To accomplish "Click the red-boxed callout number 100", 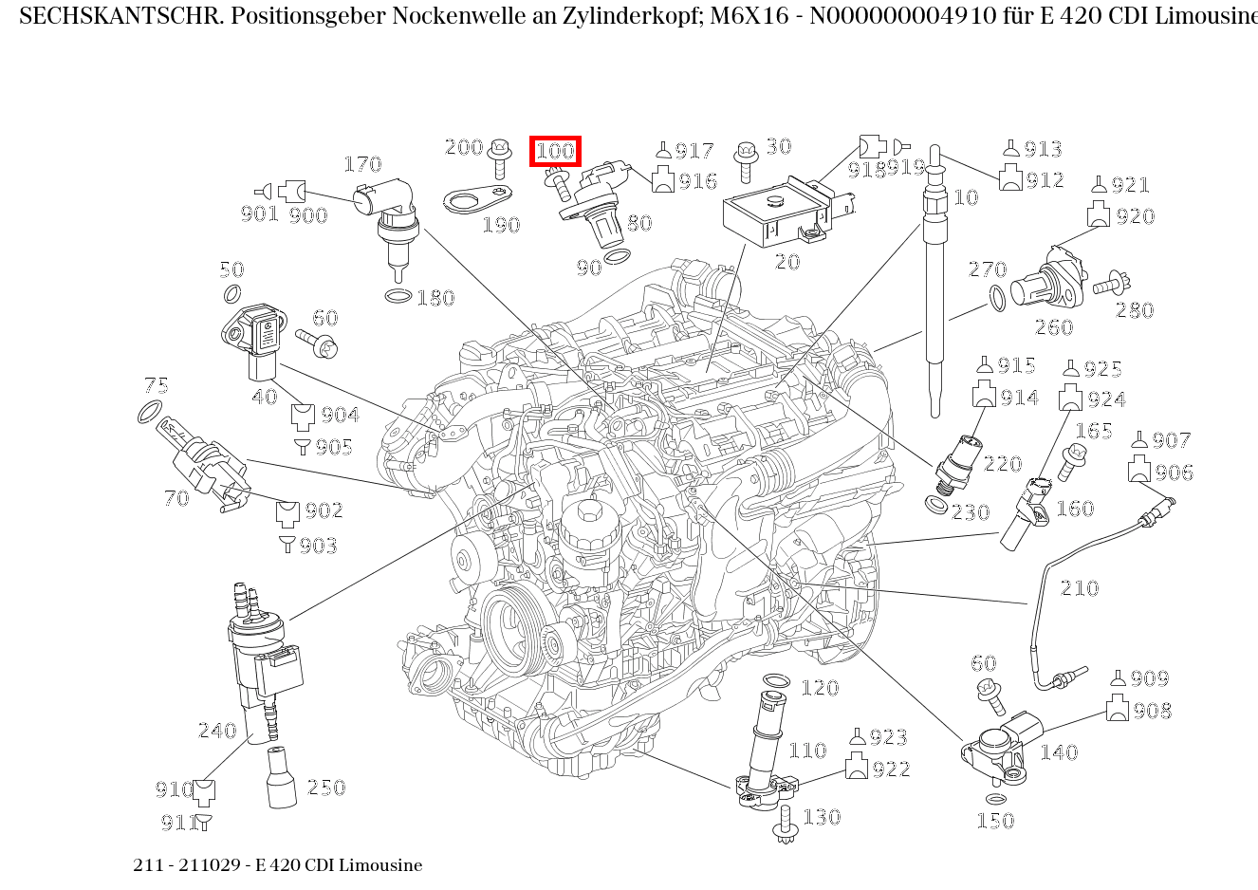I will (555, 151).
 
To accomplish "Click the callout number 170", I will (361, 165).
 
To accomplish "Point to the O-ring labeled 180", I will (398, 297).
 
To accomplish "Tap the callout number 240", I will (216, 731).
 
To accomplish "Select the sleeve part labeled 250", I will (282, 778).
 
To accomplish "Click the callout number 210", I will (1079, 588).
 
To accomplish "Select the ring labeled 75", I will (149, 413).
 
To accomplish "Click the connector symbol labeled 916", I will (663, 179).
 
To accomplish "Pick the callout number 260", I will (1053, 327).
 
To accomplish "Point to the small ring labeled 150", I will (995, 799).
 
